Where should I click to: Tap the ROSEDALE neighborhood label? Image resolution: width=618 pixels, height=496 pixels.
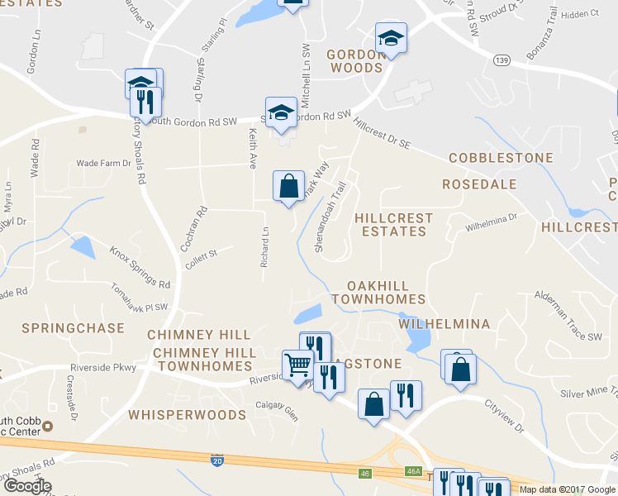(479, 184)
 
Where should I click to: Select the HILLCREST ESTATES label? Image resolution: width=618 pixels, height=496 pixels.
(393, 225)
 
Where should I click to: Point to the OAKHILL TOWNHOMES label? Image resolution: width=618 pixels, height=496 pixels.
(378, 292)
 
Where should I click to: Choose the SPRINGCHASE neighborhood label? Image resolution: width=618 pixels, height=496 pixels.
(73, 327)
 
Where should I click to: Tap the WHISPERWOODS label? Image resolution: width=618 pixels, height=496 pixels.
(187, 413)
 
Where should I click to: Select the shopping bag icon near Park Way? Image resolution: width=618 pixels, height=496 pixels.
(289, 186)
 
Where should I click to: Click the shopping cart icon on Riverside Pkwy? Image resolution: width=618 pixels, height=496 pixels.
(297, 364)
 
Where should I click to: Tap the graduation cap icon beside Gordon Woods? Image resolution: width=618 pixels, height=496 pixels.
(391, 38)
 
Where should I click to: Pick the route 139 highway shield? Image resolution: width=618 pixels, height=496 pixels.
(501, 60)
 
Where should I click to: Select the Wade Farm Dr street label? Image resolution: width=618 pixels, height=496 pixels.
(104, 164)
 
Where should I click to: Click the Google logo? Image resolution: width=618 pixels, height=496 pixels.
(26, 485)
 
